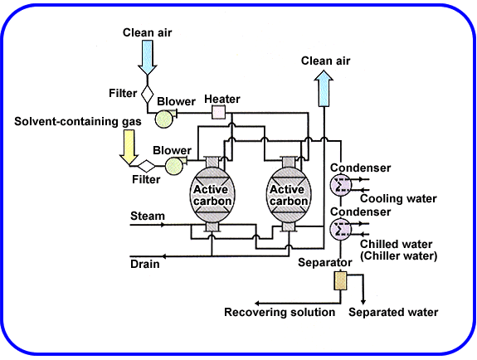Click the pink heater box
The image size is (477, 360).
pos(220,112)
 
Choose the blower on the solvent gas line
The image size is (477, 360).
pos(174,166)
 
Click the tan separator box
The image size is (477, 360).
pos(338,280)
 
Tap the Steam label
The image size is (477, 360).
pos(148,216)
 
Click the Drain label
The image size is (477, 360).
pos(144,265)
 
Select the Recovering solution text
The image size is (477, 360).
pos(280,312)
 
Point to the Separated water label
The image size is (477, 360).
pos(392,312)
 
